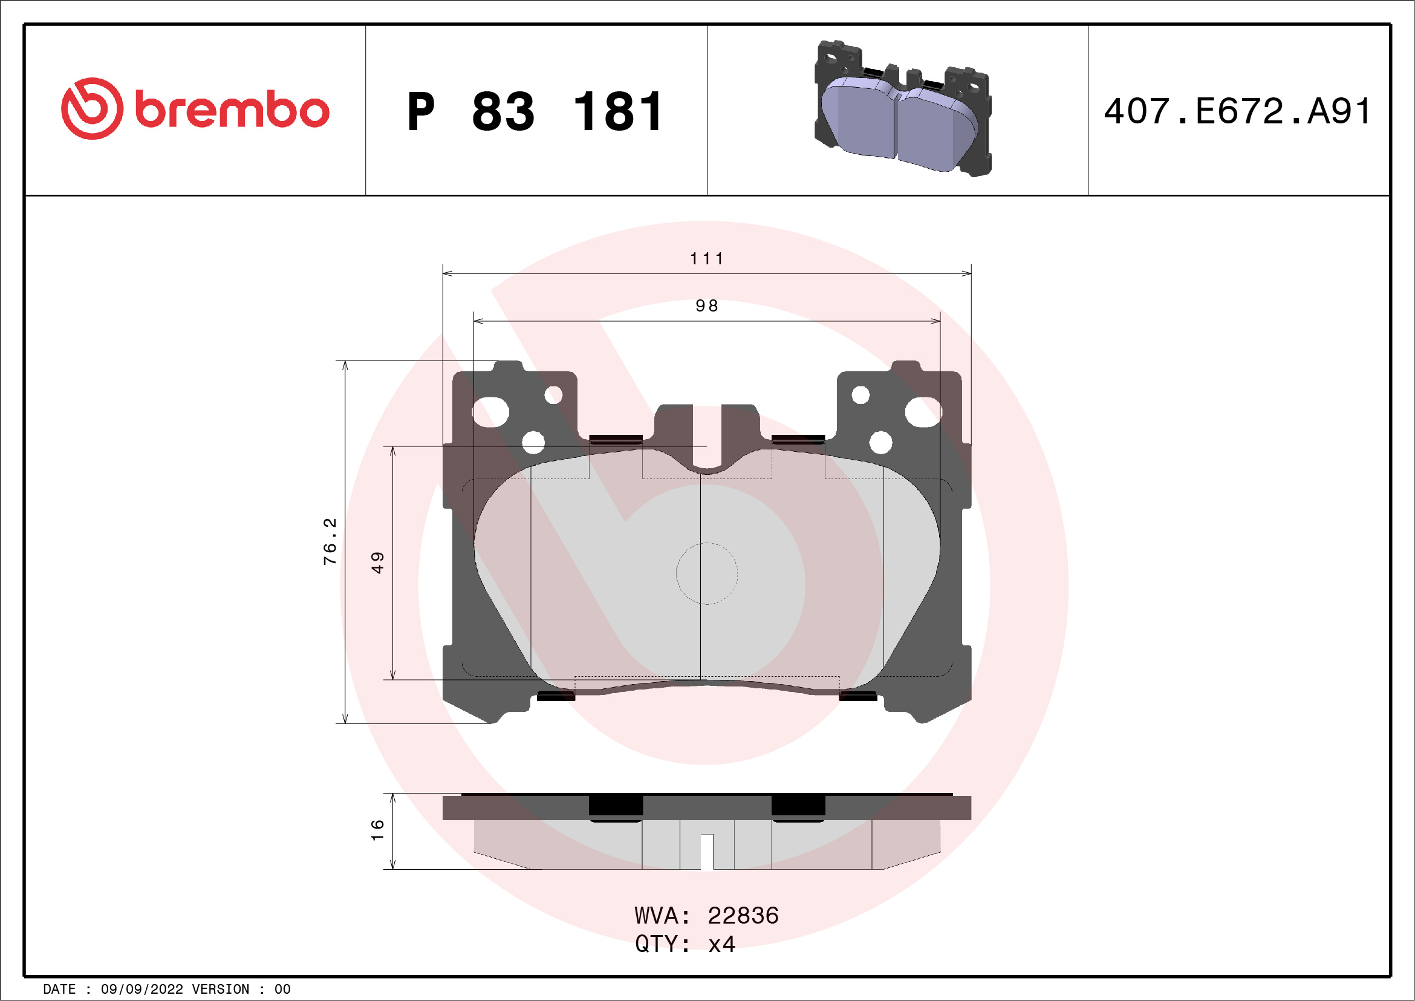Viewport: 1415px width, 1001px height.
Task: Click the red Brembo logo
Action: point(195,109)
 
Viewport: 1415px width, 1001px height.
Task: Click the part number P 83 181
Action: point(535,112)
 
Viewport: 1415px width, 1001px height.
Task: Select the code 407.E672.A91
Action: point(1237,111)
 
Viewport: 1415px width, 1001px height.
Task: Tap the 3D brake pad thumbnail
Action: point(903,109)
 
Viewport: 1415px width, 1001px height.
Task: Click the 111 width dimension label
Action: point(706,259)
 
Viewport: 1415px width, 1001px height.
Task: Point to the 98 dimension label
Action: point(706,306)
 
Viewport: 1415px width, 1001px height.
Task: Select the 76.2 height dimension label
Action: point(330,541)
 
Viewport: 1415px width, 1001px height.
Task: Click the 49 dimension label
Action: point(378,562)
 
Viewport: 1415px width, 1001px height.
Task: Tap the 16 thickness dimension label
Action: point(378,830)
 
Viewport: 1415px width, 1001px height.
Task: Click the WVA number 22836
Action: point(743,916)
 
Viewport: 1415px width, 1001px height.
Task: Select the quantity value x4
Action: point(721,944)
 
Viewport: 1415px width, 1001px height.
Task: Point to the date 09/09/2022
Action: point(141,990)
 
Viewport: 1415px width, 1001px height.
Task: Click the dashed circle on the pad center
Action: point(706,573)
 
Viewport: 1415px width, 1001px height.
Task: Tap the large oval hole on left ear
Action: point(490,412)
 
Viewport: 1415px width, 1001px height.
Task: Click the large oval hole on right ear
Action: point(923,412)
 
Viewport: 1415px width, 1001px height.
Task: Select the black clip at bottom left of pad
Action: point(555,697)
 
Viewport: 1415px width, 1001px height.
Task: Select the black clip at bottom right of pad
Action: point(858,697)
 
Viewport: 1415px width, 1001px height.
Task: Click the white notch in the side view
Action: point(707,851)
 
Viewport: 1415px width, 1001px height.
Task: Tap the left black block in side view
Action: point(616,807)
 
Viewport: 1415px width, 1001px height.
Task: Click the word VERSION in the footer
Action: point(221,990)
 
